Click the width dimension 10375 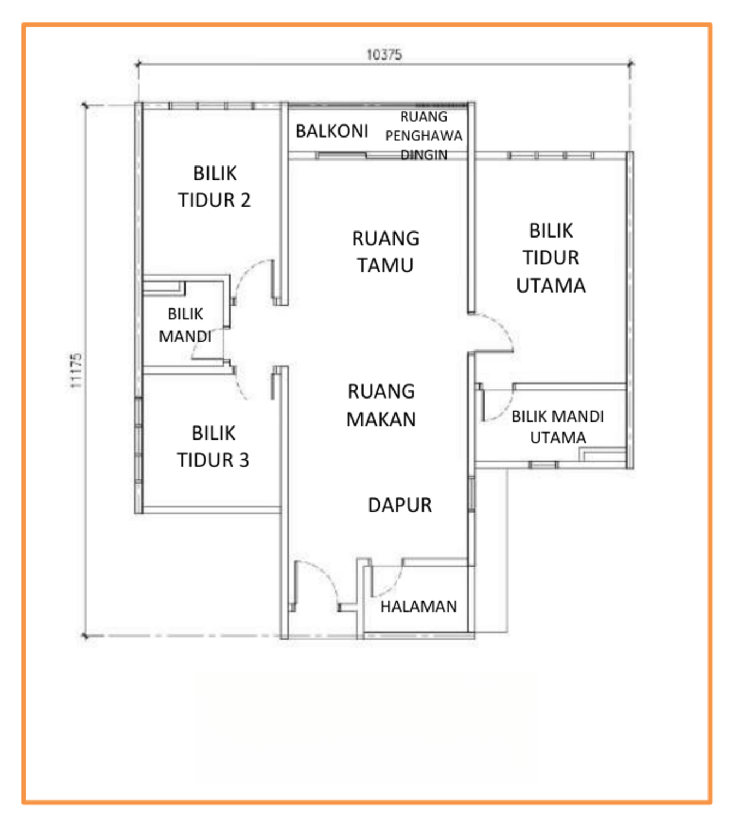(384, 55)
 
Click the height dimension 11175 (76, 371)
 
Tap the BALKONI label (332, 131)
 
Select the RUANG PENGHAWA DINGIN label (424, 135)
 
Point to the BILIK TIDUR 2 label (215, 187)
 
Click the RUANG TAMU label (385, 252)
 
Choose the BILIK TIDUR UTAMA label (551, 258)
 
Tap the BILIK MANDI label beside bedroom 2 (185, 325)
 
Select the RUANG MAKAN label (381, 405)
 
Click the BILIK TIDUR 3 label (213, 447)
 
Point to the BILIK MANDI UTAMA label (558, 427)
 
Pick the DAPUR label (400, 505)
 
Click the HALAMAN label (418, 606)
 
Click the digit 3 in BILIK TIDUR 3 (244, 460)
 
